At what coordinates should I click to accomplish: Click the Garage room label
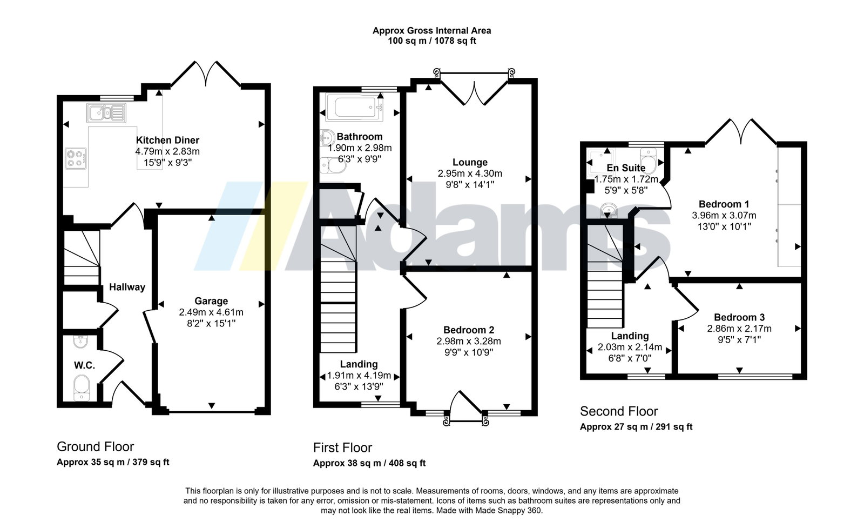pos(211,300)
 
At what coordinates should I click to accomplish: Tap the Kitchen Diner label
pos(167,140)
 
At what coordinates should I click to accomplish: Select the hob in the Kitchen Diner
pos(76,159)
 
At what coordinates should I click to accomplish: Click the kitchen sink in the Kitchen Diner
pos(106,113)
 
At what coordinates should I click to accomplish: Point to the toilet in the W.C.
pos(82,387)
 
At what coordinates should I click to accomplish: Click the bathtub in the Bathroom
pos(354,108)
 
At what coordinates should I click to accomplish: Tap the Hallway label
pos(127,287)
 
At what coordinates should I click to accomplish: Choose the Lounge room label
pos(470,162)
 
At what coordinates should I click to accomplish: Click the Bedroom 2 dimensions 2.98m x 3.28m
pos(469,341)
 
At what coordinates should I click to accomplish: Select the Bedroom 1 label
pos(724,204)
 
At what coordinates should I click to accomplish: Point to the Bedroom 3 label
pos(739,317)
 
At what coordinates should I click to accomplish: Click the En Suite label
pos(626,168)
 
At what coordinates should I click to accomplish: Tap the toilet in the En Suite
pos(649,162)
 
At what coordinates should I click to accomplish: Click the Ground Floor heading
pos(95,446)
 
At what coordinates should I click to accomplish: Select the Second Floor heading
pos(619,411)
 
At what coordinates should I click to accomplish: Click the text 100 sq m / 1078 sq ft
pos(431,41)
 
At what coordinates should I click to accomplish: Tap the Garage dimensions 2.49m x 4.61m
pos(211,312)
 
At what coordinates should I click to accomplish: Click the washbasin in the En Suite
pos(609,210)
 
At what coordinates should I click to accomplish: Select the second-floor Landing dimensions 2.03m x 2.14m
pos(630,347)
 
